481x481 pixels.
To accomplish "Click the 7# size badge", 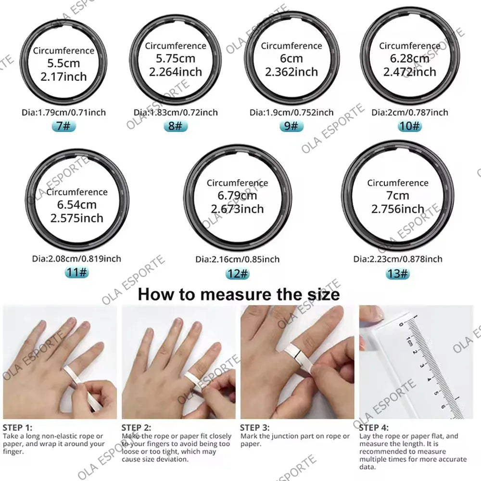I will tap(63, 127).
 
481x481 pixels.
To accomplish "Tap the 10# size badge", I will tap(410, 126).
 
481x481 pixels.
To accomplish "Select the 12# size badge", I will tap(238, 274).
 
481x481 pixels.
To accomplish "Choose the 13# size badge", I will tap(398, 274).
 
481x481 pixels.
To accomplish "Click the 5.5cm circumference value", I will tap(63, 63).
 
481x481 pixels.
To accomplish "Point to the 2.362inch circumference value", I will tap(291, 72).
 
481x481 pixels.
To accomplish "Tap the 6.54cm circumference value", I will tap(77, 205).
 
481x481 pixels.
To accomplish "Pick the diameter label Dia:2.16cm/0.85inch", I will tap(237, 259).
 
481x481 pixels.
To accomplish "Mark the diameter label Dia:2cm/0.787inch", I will tap(410, 113).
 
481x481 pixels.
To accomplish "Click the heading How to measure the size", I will tap(239, 294).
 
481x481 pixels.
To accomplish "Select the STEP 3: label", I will tap(255, 427).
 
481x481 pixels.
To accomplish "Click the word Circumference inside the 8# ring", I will tap(176, 46).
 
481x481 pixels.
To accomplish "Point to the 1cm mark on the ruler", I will tap(409, 342).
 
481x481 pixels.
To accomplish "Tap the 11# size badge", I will tap(77, 273).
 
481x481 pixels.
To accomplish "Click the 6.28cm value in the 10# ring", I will tap(410, 59).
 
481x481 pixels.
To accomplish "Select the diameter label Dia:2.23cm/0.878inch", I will tap(398, 259).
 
